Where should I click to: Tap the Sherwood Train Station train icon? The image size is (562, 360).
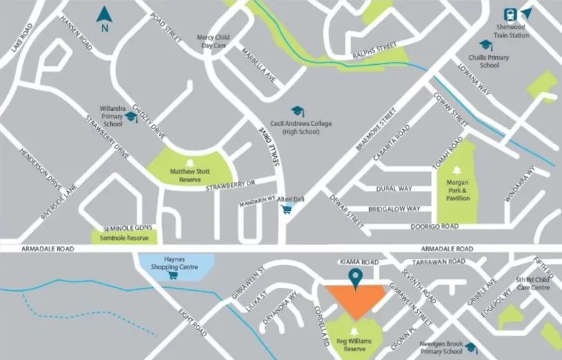point(510,14)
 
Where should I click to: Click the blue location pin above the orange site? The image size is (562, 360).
point(354,276)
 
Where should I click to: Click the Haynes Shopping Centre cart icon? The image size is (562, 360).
point(172,275)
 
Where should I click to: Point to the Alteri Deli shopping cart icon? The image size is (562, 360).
point(287,210)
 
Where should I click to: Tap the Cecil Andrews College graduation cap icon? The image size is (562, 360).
point(296,112)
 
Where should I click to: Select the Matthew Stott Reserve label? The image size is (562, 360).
point(189,176)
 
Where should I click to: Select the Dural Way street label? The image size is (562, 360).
point(394,189)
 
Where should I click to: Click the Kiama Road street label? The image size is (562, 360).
point(358,262)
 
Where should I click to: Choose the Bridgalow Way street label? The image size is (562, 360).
point(394,209)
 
